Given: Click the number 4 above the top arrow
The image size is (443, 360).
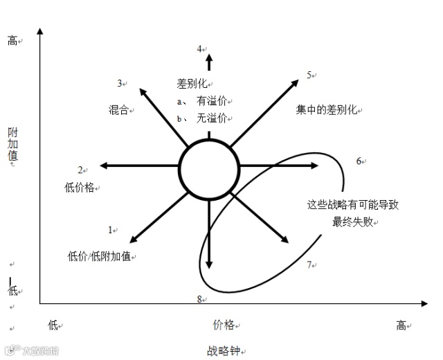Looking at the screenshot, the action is (x=199, y=48).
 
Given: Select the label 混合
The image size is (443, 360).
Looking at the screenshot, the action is (x=119, y=109).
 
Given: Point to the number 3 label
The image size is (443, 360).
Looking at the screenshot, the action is (x=120, y=83).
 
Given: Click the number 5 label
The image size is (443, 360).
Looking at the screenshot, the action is (x=310, y=75).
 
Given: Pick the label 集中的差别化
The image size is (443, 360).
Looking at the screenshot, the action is (x=327, y=109).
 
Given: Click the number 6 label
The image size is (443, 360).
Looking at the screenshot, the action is (x=359, y=161).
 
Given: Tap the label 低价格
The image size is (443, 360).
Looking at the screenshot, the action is (x=79, y=186).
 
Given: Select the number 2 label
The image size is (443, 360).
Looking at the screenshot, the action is (x=80, y=170).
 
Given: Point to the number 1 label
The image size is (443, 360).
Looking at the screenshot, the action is (x=110, y=229).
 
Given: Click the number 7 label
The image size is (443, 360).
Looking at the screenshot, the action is (x=309, y=264).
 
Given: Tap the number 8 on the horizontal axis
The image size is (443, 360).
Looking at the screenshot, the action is (x=199, y=298).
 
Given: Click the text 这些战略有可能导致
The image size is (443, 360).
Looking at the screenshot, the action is (x=353, y=205).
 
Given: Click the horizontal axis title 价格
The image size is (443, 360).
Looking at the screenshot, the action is (x=223, y=324).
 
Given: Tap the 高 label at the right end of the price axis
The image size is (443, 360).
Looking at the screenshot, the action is (x=401, y=325).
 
